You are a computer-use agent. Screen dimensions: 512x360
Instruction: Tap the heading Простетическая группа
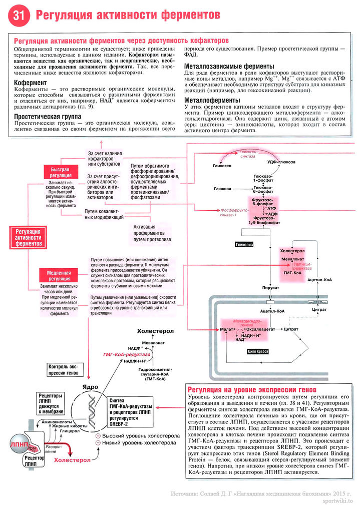(x=48, y=116)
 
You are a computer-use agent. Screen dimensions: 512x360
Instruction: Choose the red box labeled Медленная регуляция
(x=59, y=275)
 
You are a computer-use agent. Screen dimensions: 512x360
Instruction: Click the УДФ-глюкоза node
(x=281, y=162)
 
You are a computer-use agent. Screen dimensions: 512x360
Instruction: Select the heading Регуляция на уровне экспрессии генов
(x=251, y=390)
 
